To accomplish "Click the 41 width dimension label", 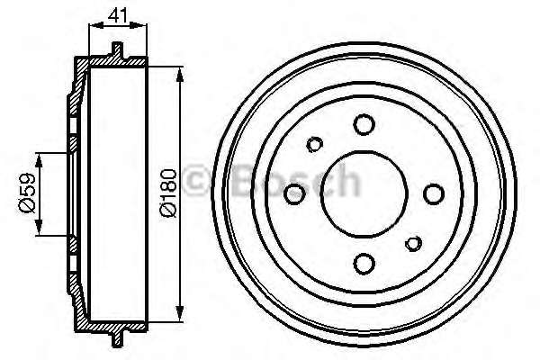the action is click(x=118, y=15).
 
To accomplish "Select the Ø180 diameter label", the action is click(x=169, y=193).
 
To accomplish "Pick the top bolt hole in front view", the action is click(x=364, y=124).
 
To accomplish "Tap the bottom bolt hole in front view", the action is click(x=364, y=264).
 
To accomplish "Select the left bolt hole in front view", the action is click(x=294, y=194).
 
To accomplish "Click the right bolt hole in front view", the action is click(x=434, y=194).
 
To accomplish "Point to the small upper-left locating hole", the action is click(x=315, y=144).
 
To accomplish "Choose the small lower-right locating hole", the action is click(x=414, y=244).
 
